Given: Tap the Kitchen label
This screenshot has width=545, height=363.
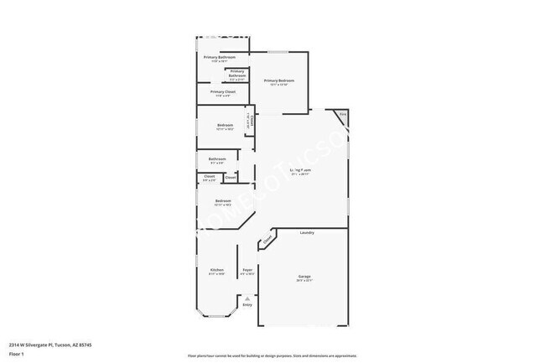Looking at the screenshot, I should (216, 270).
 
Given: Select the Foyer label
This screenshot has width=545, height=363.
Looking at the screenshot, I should (248, 270).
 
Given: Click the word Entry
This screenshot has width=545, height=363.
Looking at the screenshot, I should (247, 305).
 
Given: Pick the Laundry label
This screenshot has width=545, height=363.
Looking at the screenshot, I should (308, 231).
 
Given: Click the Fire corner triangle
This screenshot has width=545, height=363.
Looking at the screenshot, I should (343, 116).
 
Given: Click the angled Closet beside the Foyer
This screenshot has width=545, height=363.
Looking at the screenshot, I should (267, 241).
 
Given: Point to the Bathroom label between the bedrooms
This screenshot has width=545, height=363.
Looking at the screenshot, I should (217, 158).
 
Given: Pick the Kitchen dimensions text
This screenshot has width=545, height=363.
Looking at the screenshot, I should (216, 274).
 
